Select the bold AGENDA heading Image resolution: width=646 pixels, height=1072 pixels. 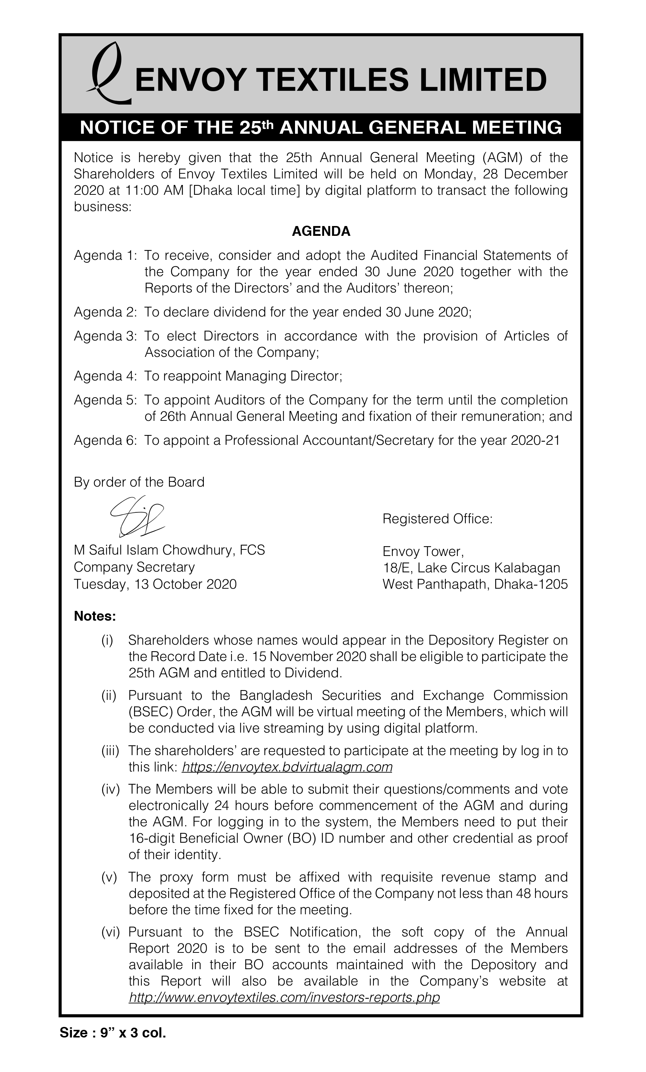click(x=321, y=231)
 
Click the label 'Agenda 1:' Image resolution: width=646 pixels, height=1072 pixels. click(x=105, y=255)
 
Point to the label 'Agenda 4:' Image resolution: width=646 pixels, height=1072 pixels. click(x=105, y=376)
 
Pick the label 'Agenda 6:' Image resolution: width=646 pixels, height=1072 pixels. click(x=105, y=441)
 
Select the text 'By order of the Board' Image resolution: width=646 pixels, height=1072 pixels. click(x=139, y=482)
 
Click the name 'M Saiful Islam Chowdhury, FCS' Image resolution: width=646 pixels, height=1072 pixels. click(x=169, y=551)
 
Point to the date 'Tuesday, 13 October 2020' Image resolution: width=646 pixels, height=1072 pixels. click(x=155, y=584)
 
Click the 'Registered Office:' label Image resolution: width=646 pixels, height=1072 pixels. click(x=437, y=519)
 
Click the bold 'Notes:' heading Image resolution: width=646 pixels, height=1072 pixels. click(x=95, y=616)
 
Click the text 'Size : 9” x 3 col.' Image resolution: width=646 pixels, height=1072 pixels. click(x=113, y=1032)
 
